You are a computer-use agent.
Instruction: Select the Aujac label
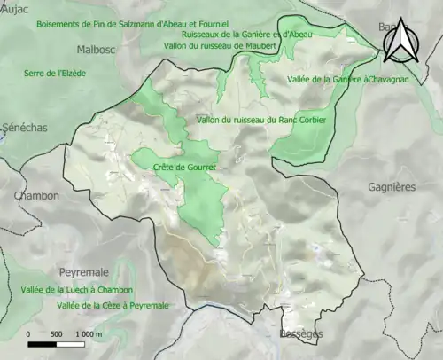tap(15, 10)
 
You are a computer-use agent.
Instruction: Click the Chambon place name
tap(36, 195)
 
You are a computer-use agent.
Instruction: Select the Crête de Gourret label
tap(184, 167)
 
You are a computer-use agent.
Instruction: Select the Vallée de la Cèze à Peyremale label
tap(112, 305)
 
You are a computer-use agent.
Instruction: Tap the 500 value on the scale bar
tap(57, 333)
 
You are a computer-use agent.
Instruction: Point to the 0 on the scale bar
tap(29, 333)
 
